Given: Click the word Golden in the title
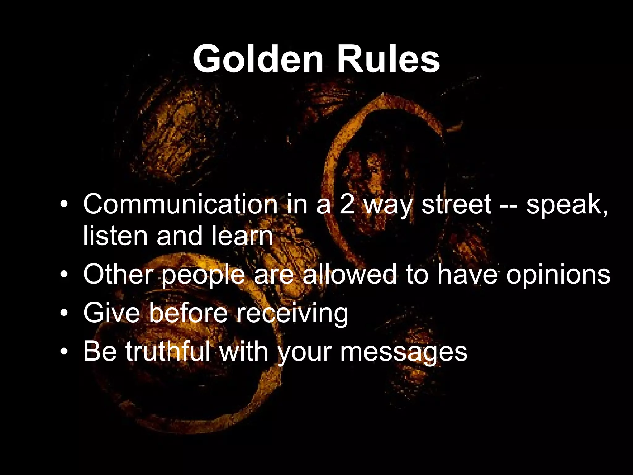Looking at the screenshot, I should pyautogui.click(x=258, y=58).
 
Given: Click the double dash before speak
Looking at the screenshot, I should pyautogui.click(x=509, y=205).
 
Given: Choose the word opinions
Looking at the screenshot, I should pyautogui.click(x=558, y=275).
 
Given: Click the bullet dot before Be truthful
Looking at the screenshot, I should pyautogui.click(x=64, y=352).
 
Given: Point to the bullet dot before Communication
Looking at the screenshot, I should pyautogui.click(x=64, y=205).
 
